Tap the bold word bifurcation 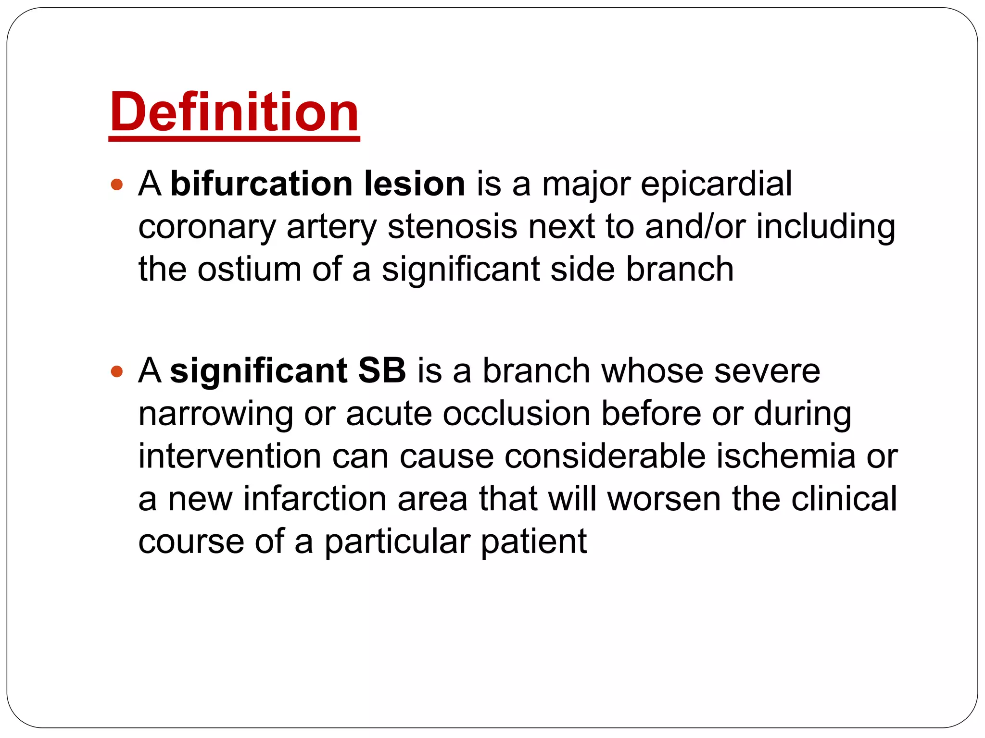[x=262, y=184]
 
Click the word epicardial [x=716, y=184]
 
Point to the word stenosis [x=453, y=226]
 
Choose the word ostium [x=250, y=269]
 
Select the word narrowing [x=215, y=414]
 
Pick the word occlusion [x=516, y=414]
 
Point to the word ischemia [x=785, y=456]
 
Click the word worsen [x=664, y=499]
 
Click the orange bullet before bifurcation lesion [x=117, y=184]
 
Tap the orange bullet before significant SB [x=117, y=371]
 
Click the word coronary [x=207, y=227]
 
